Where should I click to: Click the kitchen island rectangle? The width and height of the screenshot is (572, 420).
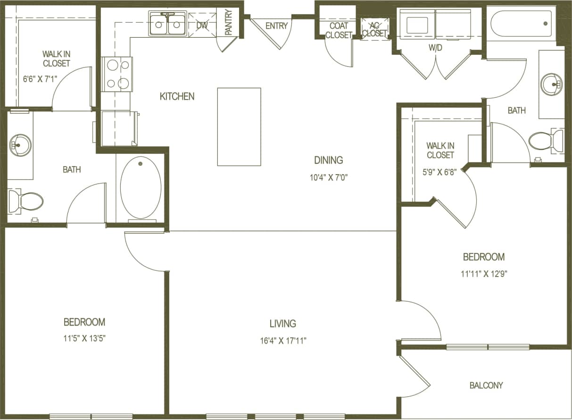[239, 126]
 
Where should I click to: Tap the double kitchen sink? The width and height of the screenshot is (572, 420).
[167, 24]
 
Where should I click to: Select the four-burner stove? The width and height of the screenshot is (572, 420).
[117, 74]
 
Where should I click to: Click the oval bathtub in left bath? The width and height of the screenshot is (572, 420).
[141, 187]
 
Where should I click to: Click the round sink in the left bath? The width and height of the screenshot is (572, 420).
[20, 144]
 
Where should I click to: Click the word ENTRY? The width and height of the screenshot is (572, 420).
[276, 26]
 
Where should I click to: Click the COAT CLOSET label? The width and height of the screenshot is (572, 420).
[339, 30]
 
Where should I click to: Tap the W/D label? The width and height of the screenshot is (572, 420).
[435, 48]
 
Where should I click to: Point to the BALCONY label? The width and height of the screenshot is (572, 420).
[486, 386]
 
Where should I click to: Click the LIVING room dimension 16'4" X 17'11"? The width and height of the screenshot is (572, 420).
[282, 340]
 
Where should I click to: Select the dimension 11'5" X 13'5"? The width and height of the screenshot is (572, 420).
[84, 339]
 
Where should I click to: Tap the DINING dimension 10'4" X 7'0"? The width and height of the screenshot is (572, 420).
[329, 177]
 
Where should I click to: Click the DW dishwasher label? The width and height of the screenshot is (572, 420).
[201, 25]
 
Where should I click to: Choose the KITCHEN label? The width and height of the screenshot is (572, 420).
[177, 96]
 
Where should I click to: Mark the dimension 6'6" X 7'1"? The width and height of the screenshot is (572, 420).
[40, 79]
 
